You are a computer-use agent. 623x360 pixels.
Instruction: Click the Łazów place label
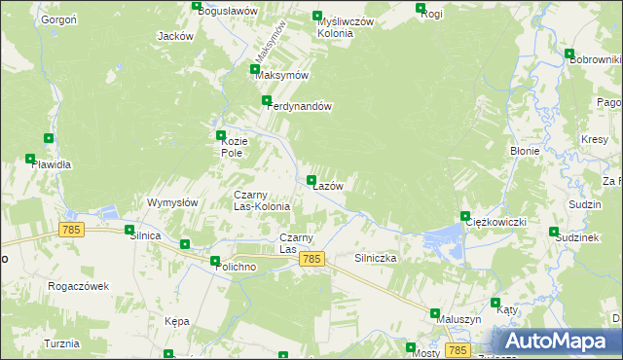tap(328, 186)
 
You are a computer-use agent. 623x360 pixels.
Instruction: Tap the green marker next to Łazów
tap(311, 180)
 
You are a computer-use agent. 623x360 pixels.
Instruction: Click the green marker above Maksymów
tap(255, 70)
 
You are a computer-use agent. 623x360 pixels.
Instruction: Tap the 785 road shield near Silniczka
tap(311, 259)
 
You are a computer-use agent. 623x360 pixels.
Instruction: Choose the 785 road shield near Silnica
tap(70, 230)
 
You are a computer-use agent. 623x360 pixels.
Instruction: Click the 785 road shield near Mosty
tap(458, 349)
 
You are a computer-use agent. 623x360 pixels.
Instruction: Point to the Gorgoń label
tap(59, 20)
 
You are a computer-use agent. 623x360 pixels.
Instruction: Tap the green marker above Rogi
tap(421, 9)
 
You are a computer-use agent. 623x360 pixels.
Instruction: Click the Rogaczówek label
tap(79, 286)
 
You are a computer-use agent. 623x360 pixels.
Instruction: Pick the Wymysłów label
tap(172, 202)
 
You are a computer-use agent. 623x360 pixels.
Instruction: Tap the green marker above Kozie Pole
tap(221, 136)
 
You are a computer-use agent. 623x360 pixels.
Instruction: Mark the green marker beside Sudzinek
tap(554, 233)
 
